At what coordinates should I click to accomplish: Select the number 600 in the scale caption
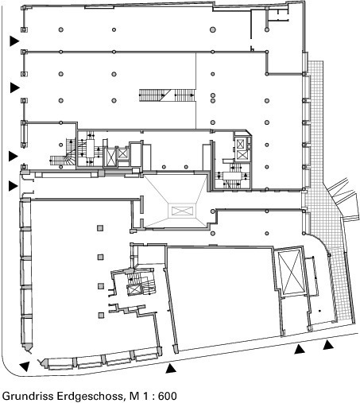168,396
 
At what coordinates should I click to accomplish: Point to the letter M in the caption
134,396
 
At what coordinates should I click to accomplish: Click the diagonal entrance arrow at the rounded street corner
25,366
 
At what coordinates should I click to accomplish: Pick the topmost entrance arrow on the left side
14,41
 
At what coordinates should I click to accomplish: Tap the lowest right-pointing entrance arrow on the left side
13,186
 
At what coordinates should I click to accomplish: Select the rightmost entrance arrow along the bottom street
328,345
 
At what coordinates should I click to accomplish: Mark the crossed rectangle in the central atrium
182,211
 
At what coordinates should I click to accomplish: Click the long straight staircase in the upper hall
167,95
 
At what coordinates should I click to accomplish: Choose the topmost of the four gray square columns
100,228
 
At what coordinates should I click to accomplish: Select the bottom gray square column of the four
100,315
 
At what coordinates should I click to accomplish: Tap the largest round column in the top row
213,29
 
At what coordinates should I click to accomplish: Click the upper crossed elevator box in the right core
240,144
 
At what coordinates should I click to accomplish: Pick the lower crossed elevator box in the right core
242,155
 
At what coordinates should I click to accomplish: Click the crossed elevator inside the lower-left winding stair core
134,289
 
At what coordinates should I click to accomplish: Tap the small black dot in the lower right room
319,311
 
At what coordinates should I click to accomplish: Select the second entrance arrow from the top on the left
15,87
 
